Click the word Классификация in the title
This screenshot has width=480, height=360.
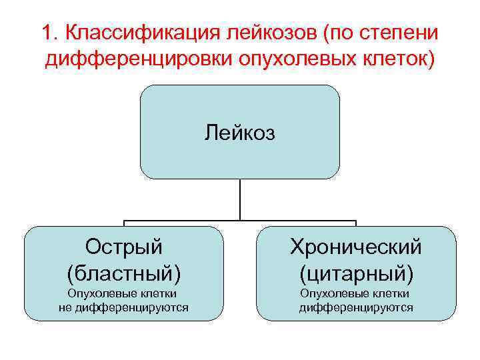(141, 33)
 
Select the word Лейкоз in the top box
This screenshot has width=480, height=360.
(239, 133)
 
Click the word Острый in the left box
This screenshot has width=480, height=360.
(124, 247)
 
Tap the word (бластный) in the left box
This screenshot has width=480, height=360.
(124, 272)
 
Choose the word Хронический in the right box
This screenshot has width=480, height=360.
(356, 247)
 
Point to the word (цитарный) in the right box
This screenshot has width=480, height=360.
(356, 272)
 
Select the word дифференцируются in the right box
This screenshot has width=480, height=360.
(356, 307)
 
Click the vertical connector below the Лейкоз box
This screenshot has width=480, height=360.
(239, 200)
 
